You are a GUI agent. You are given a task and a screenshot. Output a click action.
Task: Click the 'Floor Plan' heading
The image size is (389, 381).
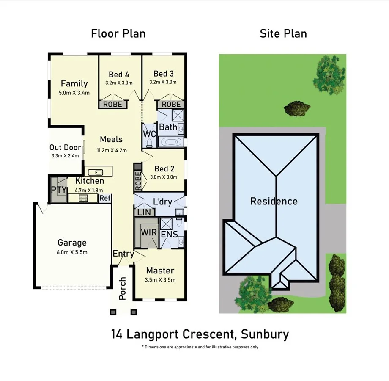point(118,34)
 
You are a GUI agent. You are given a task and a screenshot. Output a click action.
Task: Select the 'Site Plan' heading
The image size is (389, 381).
point(283,34)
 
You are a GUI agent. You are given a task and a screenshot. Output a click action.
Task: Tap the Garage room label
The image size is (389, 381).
point(72,243)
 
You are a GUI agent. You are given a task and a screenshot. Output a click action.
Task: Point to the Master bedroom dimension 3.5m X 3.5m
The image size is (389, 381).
point(160,280)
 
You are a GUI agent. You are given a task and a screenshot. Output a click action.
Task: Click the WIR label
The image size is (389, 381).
point(148,232)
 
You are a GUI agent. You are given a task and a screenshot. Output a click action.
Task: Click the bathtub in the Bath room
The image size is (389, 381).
point(171,142)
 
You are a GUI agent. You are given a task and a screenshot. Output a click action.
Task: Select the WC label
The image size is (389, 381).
point(150,134)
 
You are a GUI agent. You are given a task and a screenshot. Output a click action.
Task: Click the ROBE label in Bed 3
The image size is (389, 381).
point(171,104)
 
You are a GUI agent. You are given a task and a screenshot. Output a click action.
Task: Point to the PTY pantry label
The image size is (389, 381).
point(58,189)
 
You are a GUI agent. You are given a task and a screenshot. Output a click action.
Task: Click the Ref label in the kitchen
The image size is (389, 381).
point(105,198)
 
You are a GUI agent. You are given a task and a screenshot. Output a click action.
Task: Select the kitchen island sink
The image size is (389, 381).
point(97,172)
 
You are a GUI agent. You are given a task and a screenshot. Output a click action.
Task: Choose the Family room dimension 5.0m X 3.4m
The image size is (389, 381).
point(74,93)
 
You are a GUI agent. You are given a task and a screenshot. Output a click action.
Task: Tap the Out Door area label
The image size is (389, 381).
point(65,148)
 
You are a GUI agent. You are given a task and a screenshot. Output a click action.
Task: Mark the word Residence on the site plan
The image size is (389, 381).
point(274,201)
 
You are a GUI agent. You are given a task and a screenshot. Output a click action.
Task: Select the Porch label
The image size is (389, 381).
point(123,288)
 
